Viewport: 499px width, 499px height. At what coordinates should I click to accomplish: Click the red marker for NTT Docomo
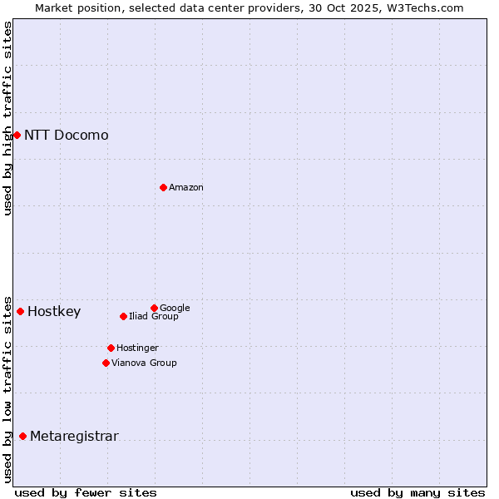click(17, 135)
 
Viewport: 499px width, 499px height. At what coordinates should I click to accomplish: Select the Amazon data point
click(163, 187)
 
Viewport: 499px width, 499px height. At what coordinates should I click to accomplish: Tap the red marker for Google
click(154, 308)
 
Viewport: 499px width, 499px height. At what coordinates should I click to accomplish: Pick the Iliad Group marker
click(123, 316)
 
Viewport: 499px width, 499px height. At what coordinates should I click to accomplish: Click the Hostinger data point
click(111, 348)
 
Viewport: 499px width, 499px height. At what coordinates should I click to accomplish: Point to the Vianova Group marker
click(106, 363)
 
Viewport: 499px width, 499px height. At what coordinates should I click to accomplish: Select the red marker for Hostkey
click(20, 311)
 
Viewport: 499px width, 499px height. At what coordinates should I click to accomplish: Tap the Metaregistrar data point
click(22, 436)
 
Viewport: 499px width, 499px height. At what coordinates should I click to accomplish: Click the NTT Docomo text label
click(66, 135)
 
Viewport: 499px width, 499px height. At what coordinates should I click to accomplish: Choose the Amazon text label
click(185, 187)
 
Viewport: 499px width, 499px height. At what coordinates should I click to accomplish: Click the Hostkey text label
click(54, 312)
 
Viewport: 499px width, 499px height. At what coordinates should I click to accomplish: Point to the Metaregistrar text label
click(74, 437)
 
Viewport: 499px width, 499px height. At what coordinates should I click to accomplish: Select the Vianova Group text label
click(144, 363)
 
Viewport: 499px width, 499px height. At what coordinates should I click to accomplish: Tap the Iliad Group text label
click(153, 316)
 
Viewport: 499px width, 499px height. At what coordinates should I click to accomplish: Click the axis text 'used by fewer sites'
click(86, 492)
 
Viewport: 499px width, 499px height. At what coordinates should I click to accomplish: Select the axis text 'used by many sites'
click(417, 492)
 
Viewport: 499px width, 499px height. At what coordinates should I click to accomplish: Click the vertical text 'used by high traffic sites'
click(7, 118)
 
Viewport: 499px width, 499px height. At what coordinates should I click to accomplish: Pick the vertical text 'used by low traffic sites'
click(7, 388)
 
